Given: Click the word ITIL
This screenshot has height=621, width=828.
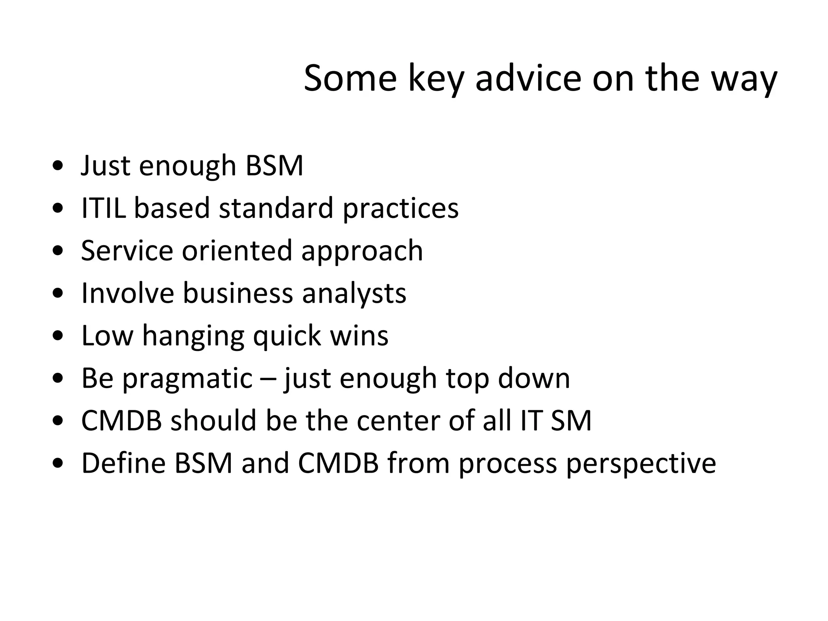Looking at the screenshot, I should (x=103, y=208).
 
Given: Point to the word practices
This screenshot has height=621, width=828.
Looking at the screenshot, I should (x=401, y=209).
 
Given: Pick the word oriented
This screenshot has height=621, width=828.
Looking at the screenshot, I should (x=237, y=250).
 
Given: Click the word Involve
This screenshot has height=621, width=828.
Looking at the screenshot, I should (x=127, y=293).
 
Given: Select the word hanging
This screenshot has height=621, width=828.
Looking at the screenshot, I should (x=193, y=336).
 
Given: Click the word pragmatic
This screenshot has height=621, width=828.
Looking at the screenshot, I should (x=187, y=379).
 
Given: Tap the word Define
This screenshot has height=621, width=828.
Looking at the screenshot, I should (x=123, y=463).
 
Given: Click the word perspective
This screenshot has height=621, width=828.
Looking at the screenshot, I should (x=640, y=464).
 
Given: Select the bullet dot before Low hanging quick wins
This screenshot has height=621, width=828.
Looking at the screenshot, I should (x=58, y=336).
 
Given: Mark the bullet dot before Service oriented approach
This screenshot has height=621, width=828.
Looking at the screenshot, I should (x=58, y=251).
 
